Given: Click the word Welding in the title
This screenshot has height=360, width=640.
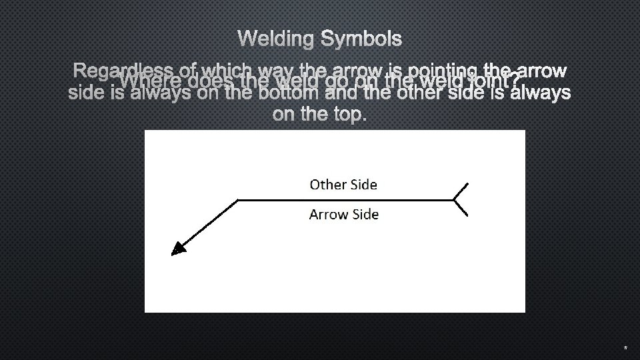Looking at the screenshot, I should [x=275, y=39].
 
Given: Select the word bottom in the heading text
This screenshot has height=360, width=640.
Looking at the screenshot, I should [x=288, y=93].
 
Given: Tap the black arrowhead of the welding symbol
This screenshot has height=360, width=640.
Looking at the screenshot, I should [x=177, y=248].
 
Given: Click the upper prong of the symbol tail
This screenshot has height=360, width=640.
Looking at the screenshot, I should [x=461, y=191].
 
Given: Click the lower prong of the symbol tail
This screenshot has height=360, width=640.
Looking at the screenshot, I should [x=461, y=207].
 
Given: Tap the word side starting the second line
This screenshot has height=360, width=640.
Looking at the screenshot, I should [x=85, y=93].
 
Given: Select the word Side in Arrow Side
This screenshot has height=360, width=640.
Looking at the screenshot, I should [x=364, y=215].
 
